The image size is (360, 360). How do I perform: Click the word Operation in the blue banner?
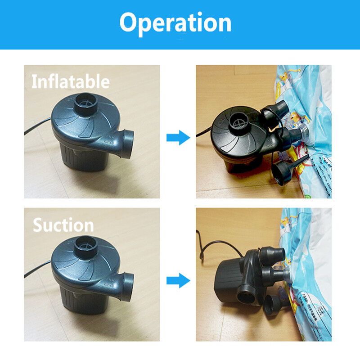click(175, 23)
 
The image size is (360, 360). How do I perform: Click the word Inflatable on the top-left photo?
click(71, 81)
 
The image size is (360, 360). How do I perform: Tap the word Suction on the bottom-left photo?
click(63, 225)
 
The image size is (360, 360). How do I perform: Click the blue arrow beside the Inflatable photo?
click(178, 138)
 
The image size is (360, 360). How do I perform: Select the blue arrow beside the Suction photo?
click(178, 280)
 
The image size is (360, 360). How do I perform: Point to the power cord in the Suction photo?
click(37, 269)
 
